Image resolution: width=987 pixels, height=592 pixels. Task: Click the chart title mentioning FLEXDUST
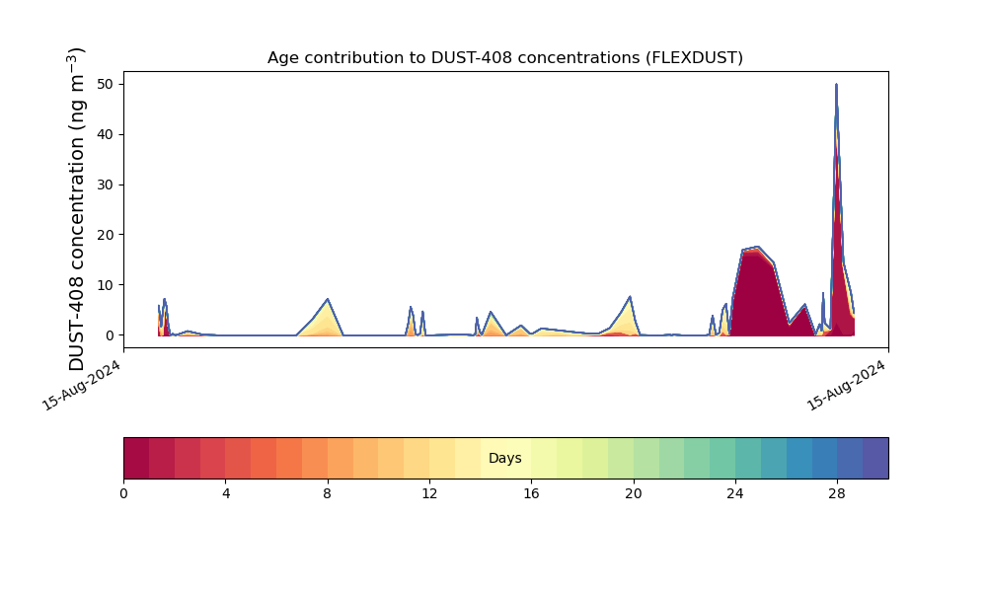tap(504, 58)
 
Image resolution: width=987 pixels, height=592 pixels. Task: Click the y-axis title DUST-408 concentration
tap(76, 209)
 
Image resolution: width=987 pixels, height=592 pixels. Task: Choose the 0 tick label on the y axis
tap(111, 335)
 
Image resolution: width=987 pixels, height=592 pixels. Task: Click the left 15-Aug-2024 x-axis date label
tap(81, 386)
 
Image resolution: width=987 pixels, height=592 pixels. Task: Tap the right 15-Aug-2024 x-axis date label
tap(846, 386)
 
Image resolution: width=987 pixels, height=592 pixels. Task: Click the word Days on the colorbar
tap(504, 458)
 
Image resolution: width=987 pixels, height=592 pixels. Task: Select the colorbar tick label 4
tap(226, 494)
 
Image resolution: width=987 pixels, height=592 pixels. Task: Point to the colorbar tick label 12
tap(429, 494)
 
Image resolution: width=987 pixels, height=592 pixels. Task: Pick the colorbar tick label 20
tap(634, 494)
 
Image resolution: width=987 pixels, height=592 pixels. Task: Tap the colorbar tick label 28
tap(837, 494)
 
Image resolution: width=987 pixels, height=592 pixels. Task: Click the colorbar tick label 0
tap(123, 494)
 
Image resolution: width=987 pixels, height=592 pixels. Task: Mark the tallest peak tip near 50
tap(837, 84)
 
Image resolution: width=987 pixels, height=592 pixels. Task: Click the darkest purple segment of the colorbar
tap(875, 458)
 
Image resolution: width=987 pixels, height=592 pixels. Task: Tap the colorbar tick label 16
tap(531, 494)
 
